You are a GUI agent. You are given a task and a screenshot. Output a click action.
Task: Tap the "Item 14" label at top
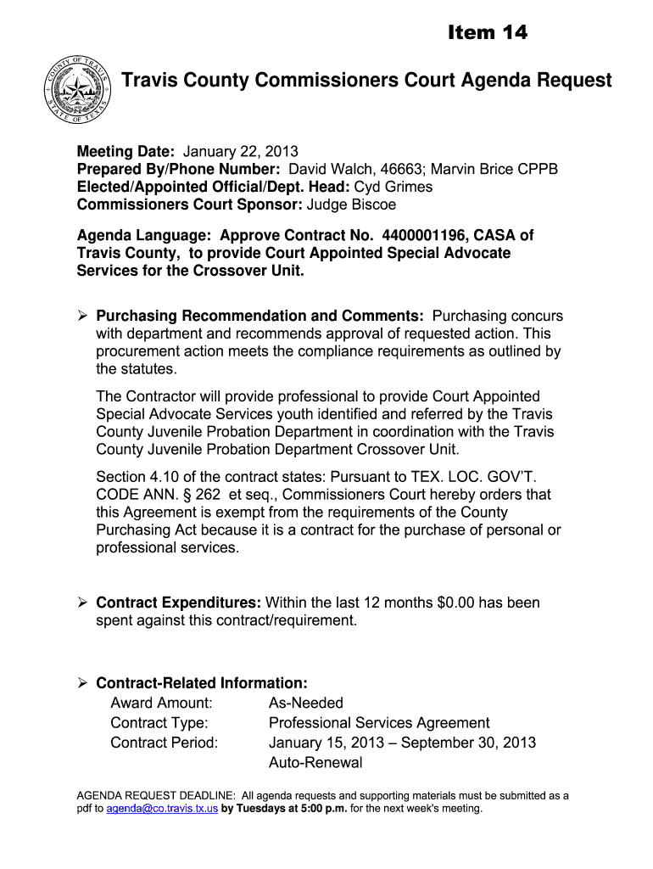[487, 32]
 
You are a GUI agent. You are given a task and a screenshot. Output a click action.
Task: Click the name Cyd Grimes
[393, 187]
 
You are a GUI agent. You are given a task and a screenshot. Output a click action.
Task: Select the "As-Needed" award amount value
[306, 703]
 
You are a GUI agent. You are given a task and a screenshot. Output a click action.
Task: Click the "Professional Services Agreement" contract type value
[379, 723]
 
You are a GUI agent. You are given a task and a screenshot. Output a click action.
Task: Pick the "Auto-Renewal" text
[315, 762]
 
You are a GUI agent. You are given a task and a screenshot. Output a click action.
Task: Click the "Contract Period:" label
[165, 743]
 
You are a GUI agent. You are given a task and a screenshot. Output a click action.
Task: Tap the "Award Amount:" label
[161, 703]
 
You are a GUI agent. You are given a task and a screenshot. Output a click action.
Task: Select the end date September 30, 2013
[468, 743]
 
